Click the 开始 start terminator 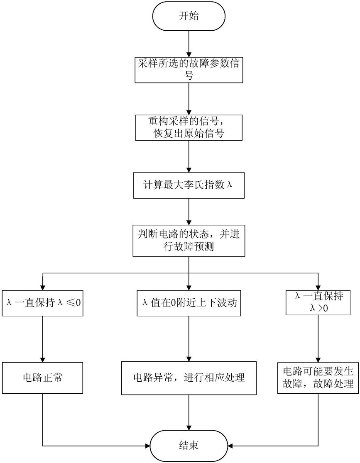point(189,16)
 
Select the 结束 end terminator point(189,445)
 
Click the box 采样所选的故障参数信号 point(189,70)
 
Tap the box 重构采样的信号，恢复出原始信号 point(189,127)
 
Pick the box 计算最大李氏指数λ point(189,185)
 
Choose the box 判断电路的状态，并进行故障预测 point(189,241)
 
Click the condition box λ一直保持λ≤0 point(43,303)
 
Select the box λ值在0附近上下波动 point(189,303)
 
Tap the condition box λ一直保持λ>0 point(318,302)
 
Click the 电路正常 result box point(43,378)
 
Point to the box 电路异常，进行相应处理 point(189,378)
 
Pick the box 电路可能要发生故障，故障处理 point(318,378)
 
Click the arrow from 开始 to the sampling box point(189,44)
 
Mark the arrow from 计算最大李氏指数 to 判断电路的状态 point(189,212)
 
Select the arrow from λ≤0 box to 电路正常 point(43,339)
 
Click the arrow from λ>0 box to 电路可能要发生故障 point(318,339)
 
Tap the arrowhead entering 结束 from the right point(230,446)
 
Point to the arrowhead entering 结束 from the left point(147,446)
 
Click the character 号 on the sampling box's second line point(189,76)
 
